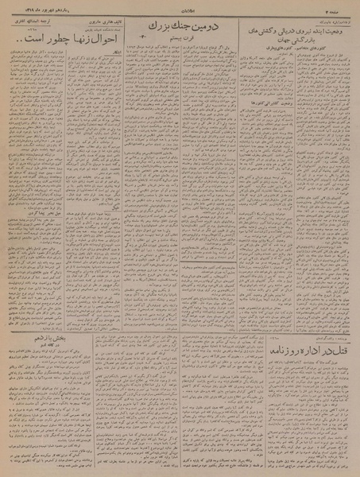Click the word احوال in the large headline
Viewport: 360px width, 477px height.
point(110,37)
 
